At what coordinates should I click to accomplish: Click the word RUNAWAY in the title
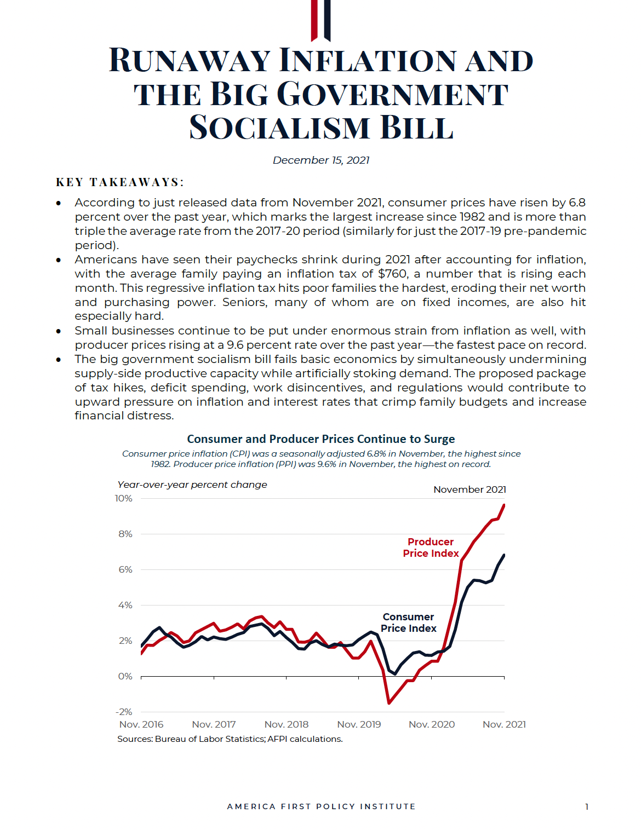click(190, 60)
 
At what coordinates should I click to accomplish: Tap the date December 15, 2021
click(321, 160)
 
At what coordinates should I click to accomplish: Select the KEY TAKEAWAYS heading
click(119, 182)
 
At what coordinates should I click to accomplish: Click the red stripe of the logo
click(314, 20)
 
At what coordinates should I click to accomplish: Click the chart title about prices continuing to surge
click(321, 439)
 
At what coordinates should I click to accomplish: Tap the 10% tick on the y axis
click(123, 498)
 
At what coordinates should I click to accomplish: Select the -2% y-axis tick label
click(124, 712)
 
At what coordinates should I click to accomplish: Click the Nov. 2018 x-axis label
click(287, 724)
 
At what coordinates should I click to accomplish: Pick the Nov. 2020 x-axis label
click(432, 724)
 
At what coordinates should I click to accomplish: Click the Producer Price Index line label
click(431, 547)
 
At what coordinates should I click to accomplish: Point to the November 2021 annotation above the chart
click(470, 489)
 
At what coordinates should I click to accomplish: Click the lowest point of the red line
click(389, 703)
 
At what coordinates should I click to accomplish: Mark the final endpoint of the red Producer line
click(504, 505)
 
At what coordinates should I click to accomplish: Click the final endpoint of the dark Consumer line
click(504, 555)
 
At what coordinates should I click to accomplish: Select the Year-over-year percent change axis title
click(192, 485)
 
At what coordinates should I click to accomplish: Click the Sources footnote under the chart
click(230, 739)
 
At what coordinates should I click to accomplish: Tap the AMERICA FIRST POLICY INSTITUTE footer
click(321, 806)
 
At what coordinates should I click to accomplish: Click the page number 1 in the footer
click(586, 806)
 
